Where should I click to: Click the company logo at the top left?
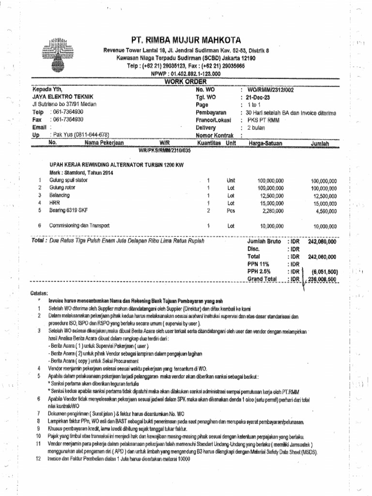(60, 51)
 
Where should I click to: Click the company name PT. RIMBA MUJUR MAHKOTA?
(186, 40)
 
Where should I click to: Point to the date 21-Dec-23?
(262, 97)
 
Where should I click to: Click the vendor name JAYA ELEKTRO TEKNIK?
(60, 97)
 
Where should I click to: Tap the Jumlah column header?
(320, 144)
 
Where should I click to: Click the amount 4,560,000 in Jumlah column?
(325, 211)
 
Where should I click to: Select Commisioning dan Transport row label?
(79, 225)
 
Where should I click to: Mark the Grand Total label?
(262, 279)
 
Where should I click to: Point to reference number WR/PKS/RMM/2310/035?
(165, 151)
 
